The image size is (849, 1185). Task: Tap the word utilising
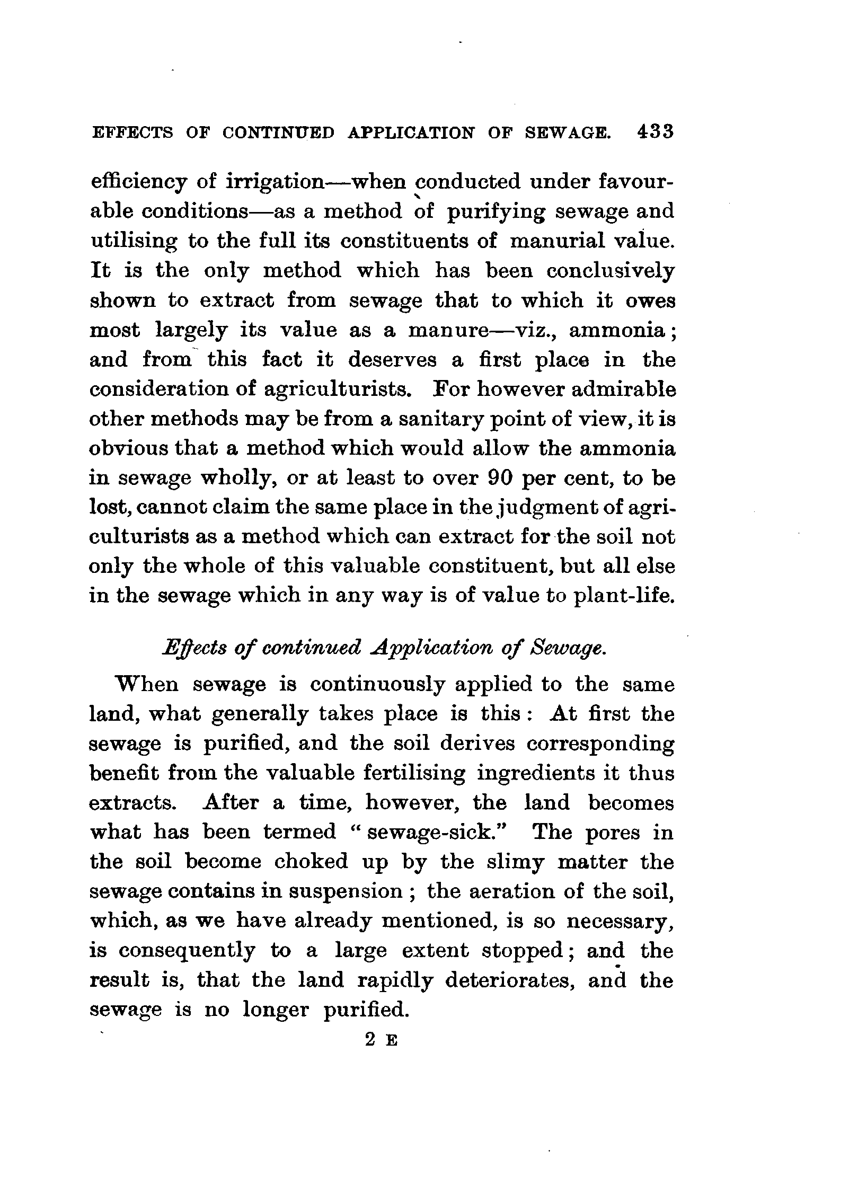[135, 241]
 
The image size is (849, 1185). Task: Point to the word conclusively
[611, 271]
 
